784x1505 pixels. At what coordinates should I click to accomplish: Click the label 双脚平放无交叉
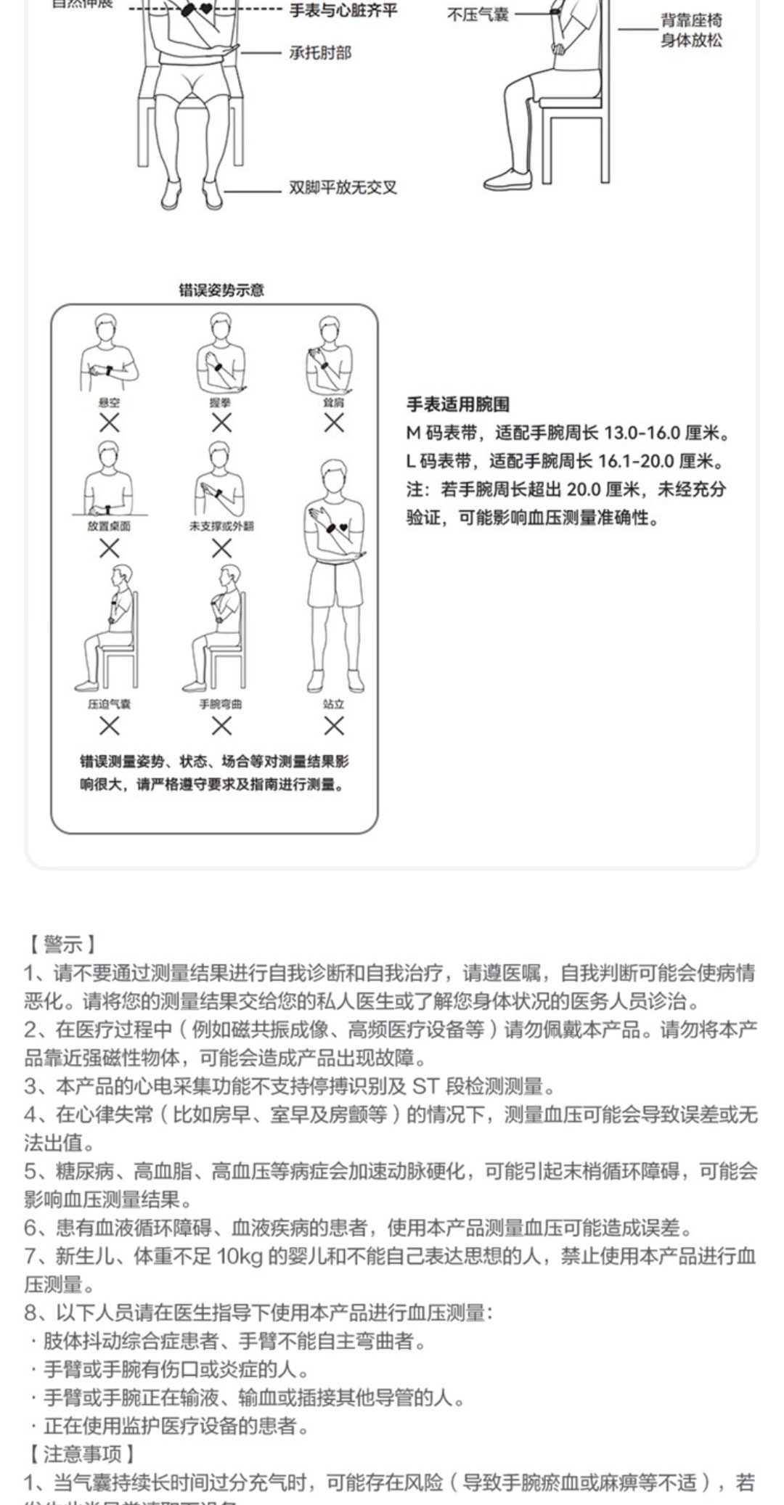pos(343,188)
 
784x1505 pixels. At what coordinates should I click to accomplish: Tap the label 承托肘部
pos(319,53)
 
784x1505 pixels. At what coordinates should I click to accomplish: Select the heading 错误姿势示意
pos(221,290)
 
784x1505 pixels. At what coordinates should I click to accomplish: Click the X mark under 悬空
pos(110,423)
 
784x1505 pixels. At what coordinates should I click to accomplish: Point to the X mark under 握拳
pos(221,423)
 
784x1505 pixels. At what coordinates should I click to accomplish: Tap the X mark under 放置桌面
pos(110,549)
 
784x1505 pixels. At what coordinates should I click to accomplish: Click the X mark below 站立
pos(334,725)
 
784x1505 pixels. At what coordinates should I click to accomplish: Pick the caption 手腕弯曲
pos(221,703)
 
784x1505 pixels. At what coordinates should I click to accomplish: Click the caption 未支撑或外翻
pos(221,526)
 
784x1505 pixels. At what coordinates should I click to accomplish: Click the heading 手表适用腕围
pos(457,404)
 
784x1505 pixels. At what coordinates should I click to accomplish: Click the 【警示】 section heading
pos(61,945)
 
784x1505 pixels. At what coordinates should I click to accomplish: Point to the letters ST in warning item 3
pos(426,1086)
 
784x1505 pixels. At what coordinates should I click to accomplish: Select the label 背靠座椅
pos(691,20)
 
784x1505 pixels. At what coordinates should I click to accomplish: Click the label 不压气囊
pos(477,15)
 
